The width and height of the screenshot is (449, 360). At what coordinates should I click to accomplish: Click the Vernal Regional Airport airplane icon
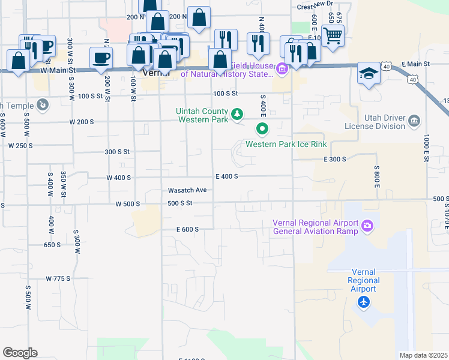(363, 302)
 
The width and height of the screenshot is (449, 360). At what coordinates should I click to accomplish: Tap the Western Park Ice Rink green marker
(262, 128)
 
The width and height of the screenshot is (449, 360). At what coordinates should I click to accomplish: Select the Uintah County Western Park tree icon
(238, 113)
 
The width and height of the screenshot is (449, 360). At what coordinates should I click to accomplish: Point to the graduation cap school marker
(368, 73)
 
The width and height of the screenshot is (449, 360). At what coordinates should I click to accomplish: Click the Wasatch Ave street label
(187, 190)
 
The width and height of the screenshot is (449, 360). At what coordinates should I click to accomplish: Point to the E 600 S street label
(187, 229)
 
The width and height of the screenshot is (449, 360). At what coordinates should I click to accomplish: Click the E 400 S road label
(227, 176)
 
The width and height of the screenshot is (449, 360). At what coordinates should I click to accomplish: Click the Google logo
(20, 352)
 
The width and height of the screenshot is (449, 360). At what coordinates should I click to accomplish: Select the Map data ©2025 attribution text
(423, 355)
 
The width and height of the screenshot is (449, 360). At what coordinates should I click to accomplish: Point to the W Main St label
(59, 71)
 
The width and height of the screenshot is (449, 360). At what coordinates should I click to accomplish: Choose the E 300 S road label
(335, 159)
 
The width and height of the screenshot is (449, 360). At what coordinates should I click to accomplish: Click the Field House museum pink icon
(282, 71)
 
